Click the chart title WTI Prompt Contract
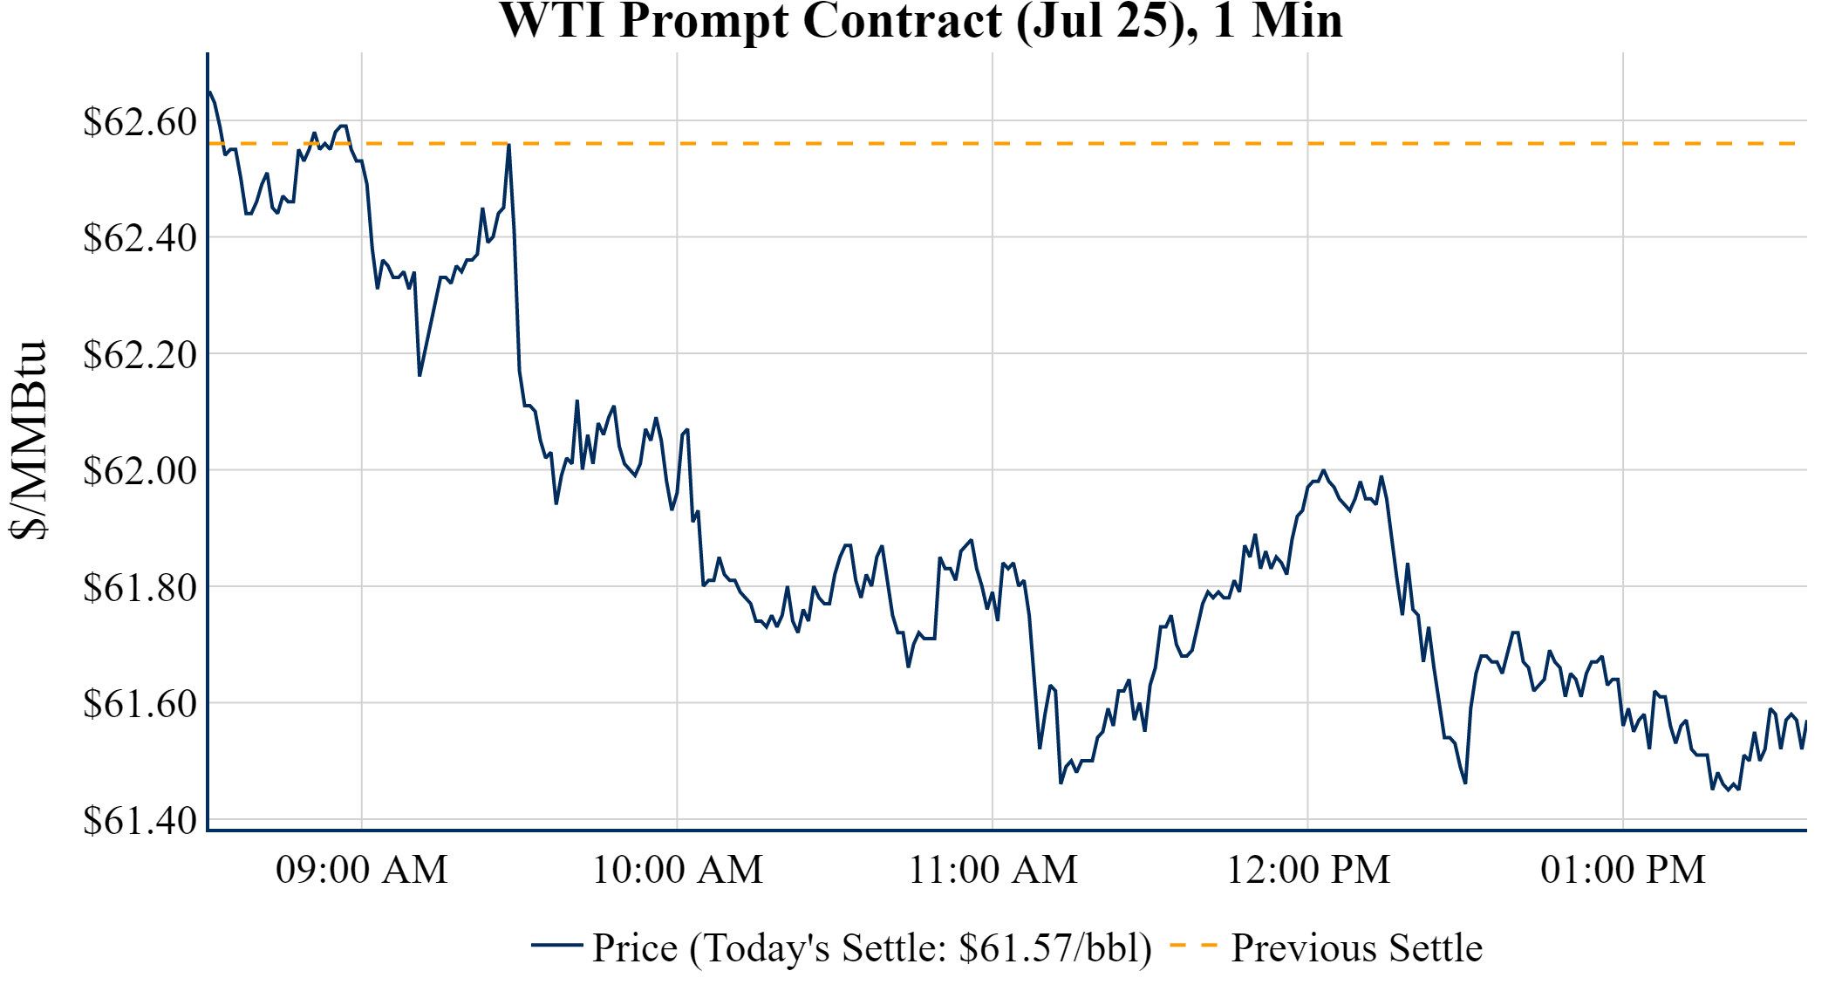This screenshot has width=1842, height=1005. pyautogui.click(x=920, y=21)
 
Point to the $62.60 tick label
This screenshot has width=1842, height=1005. pyautogui.click(x=140, y=121)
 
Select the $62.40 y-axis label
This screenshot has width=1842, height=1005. pyautogui.click(x=140, y=237)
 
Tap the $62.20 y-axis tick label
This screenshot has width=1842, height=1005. pyautogui.click(x=140, y=354)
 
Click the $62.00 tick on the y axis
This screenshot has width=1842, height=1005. pyautogui.click(x=140, y=470)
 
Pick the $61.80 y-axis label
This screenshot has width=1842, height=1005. pyautogui.click(x=140, y=587)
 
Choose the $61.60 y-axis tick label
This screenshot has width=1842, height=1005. pyautogui.click(x=140, y=703)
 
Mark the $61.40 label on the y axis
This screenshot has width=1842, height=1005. pyautogui.click(x=140, y=820)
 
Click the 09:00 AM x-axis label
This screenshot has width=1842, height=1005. pyautogui.click(x=362, y=870)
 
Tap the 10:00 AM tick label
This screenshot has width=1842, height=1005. pyautogui.click(x=678, y=870)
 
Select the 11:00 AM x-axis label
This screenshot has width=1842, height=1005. pyautogui.click(x=993, y=870)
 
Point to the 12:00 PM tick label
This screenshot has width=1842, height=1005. pyautogui.click(x=1308, y=870)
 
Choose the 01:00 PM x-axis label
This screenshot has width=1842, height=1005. pyautogui.click(x=1623, y=870)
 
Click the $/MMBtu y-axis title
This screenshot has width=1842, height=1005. pyautogui.click(x=28, y=441)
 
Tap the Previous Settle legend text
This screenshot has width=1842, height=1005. pyautogui.click(x=1356, y=947)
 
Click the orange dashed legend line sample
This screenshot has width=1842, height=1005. pyautogui.click(x=1193, y=945)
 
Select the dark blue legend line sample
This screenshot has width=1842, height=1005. pyautogui.click(x=556, y=945)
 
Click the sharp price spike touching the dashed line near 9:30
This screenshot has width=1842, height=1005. pyautogui.click(x=508, y=147)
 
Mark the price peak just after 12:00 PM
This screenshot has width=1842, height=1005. pyautogui.click(x=1323, y=471)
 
